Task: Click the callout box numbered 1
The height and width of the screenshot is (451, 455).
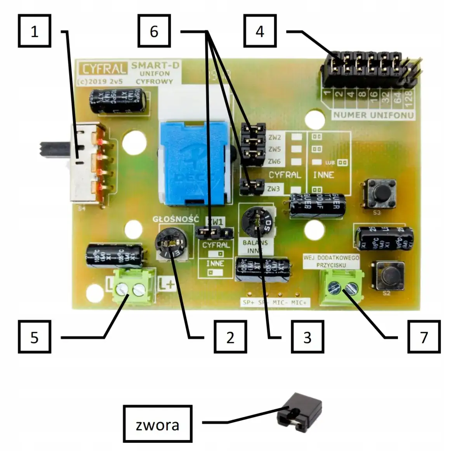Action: point(35,31)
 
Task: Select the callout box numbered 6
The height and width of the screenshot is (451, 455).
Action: point(154,31)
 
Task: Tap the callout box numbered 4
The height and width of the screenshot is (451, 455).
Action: point(260,31)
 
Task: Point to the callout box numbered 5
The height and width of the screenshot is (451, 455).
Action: point(35,337)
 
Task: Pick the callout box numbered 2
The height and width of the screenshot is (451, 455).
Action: point(230,337)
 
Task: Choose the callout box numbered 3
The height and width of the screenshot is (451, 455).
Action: point(307,337)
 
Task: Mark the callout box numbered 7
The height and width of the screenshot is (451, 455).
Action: point(424,337)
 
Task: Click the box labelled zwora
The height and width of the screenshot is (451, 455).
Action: point(158,424)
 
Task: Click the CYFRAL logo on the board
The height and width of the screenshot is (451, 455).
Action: point(102,69)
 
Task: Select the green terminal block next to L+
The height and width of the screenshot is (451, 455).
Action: point(131,288)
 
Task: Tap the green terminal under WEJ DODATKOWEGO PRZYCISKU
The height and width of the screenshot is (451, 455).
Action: point(341,287)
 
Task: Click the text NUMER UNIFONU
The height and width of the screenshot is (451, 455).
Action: point(373,115)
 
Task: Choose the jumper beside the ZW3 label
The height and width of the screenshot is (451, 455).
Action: point(252,186)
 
